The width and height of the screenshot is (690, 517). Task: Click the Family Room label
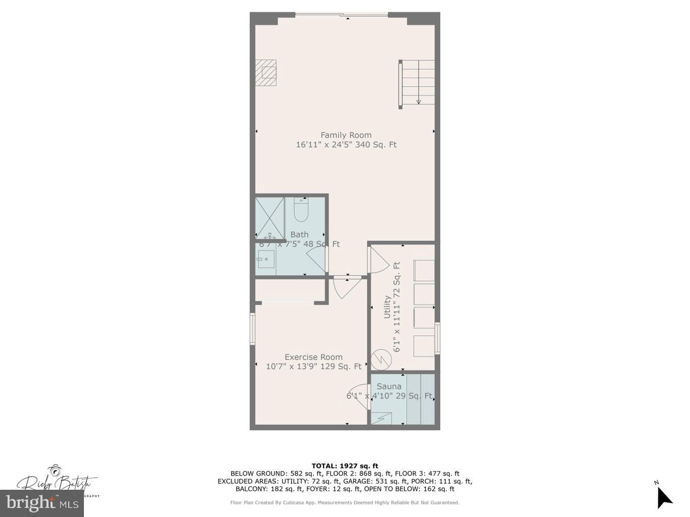(346, 135)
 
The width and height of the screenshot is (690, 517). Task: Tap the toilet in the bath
(301, 211)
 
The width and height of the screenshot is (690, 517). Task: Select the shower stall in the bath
(269, 218)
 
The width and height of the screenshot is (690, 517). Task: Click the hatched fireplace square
(266, 73)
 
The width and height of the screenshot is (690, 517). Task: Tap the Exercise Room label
(313, 357)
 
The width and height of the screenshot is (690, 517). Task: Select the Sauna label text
(389, 386)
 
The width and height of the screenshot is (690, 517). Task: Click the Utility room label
(387, 306)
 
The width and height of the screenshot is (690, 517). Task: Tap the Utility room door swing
(379, 260)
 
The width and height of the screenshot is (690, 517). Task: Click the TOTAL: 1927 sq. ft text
(345, 466)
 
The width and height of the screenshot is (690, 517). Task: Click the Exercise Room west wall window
(252, 329)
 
